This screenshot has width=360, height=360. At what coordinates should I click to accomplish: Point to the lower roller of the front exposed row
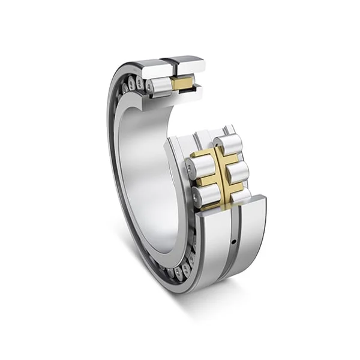coord(205,194)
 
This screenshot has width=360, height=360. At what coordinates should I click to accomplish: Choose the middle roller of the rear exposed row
coord(238,172)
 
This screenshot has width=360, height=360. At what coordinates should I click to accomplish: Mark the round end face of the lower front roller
coord(197,196)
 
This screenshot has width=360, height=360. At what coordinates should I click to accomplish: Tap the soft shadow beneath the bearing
coord(198,300)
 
